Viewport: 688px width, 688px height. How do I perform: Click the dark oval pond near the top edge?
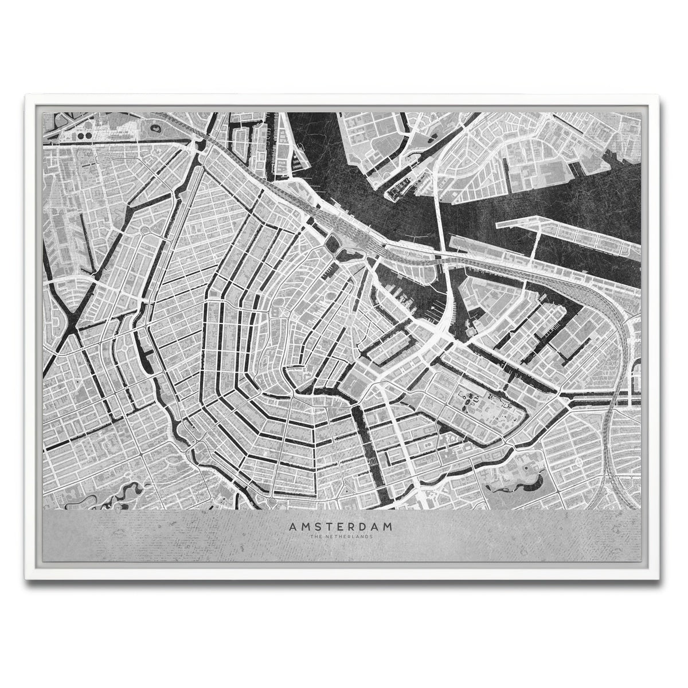click(154, 128)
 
